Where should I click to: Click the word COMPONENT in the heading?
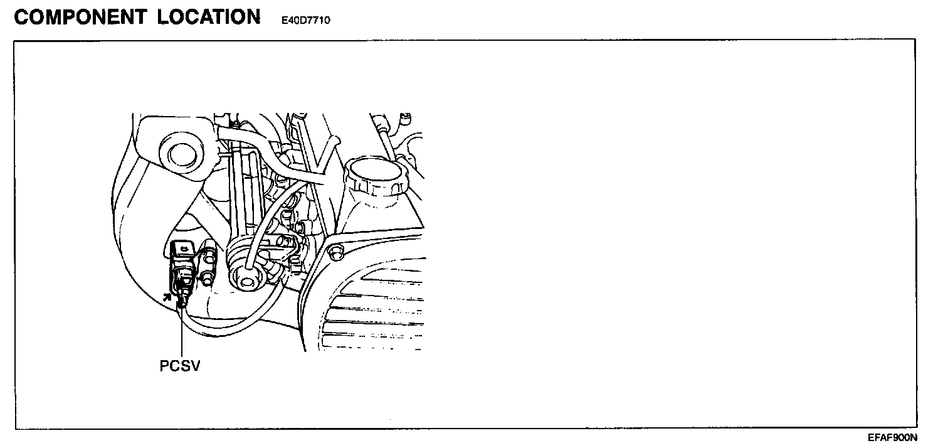[x=80, y=17]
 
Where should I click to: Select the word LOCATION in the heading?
[x=209, y=17]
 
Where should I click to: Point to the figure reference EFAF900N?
[x=892, y=437]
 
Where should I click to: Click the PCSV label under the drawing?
[x=180, y=366]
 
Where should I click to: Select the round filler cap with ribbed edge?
[x=374, y=176]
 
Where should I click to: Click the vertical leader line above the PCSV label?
[x=181, y=333]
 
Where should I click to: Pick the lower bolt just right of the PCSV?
[x=206, y=277]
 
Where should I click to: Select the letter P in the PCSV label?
[x=165, y=366]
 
